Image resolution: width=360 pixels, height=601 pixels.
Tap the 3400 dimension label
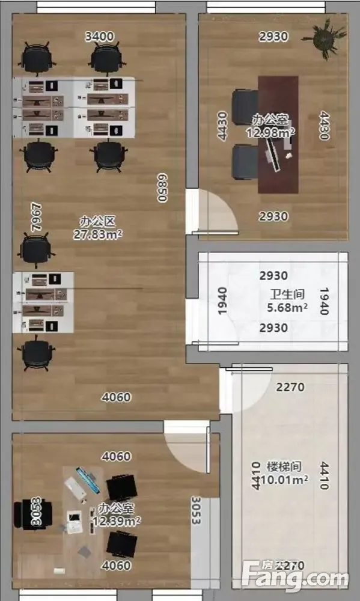coord(99,37)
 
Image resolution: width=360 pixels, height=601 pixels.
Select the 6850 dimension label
coord(162,188)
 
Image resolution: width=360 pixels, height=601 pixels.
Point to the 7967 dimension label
coord(37,218)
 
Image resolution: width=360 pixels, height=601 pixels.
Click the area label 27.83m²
coord(98,234)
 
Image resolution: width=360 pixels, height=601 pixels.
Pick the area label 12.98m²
coord(270,133)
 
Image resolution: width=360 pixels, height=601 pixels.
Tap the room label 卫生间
coord(287,294)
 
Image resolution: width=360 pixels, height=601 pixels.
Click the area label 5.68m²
coord(287,307)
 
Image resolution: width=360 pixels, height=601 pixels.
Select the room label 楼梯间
coord(284,466)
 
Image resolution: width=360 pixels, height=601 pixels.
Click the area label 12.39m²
coord(117,521)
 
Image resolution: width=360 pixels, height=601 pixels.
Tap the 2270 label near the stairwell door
coord(290,387)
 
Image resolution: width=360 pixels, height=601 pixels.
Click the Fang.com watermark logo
coord(295,577)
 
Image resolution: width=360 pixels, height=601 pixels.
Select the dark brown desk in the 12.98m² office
coord(278,134)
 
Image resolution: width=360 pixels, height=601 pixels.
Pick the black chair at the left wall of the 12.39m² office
coord(33,514)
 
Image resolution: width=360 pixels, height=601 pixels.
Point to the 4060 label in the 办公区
coord(116,397)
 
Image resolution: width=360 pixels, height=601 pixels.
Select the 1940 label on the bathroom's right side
coord(325,301)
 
